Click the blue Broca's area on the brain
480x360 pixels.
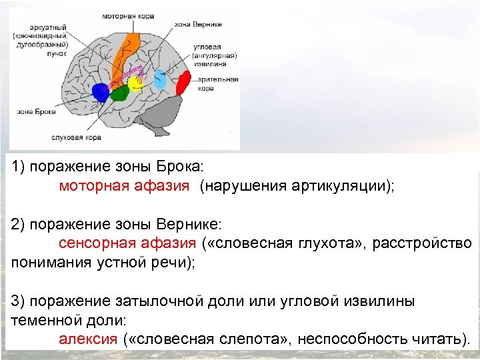100,92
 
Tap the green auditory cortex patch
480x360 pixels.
119,94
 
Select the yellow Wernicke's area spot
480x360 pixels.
136,83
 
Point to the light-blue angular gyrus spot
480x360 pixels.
160,80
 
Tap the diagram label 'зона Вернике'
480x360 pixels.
198,24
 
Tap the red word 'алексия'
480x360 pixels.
88,337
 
